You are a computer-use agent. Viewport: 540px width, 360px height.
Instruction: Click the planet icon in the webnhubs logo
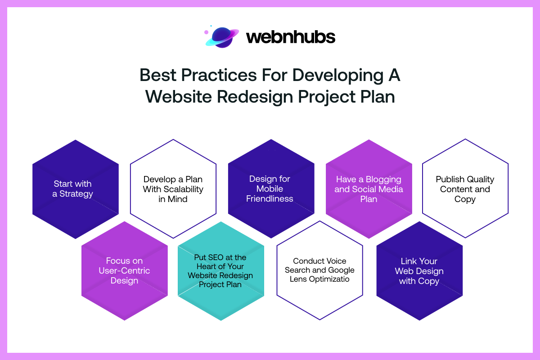click(x=222, y=37)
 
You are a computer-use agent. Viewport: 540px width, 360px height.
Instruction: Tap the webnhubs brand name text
click(x=291, y=37)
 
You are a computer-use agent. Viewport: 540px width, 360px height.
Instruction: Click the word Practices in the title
click(x=219, y=75)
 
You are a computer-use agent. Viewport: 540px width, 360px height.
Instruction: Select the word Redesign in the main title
click(x=255, y=97)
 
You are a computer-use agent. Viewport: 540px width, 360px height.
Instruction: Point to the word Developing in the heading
click(x=338, y=76)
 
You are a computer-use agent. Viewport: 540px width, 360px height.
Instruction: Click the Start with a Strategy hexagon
click(x=76, y=189)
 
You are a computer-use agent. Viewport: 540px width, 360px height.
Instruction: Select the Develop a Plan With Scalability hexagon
click(x=173, y=189)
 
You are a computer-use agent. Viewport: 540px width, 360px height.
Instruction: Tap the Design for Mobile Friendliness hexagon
click(x=271, y=189)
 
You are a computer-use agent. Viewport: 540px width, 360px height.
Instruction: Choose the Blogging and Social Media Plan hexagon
click(x=369, y=189)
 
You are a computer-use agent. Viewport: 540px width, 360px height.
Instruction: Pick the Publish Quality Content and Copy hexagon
click(x=465, y=188)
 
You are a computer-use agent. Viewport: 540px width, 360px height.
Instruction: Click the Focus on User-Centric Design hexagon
click(x=124, y=271)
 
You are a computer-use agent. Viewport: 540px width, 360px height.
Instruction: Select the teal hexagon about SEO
click(x=221, y=271)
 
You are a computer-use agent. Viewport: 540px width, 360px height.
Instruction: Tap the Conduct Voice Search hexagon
click(x=319, y=270)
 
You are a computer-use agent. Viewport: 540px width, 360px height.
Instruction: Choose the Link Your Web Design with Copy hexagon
click(x=419, y=271)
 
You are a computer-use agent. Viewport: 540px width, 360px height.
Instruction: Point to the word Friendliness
click(x=270, y=198)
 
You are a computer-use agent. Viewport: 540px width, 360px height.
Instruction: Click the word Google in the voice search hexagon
click(x=341, y=270)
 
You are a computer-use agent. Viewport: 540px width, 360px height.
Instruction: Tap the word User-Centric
click(x=124, y=270)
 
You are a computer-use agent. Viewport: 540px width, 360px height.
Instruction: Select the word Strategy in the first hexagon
click(x=76, y=194)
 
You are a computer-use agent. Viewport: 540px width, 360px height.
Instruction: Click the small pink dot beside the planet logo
click(x=207, y=32)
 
